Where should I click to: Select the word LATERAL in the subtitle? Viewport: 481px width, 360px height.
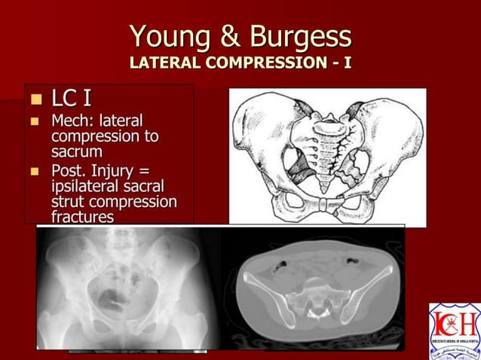coord(162,63)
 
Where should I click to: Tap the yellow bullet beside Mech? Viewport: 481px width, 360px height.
coord(34,121)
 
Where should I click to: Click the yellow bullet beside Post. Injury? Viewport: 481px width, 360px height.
coord(34,171)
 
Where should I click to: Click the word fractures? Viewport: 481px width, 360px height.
coord(83,217)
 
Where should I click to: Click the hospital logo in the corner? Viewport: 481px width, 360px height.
coord(454,330)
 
